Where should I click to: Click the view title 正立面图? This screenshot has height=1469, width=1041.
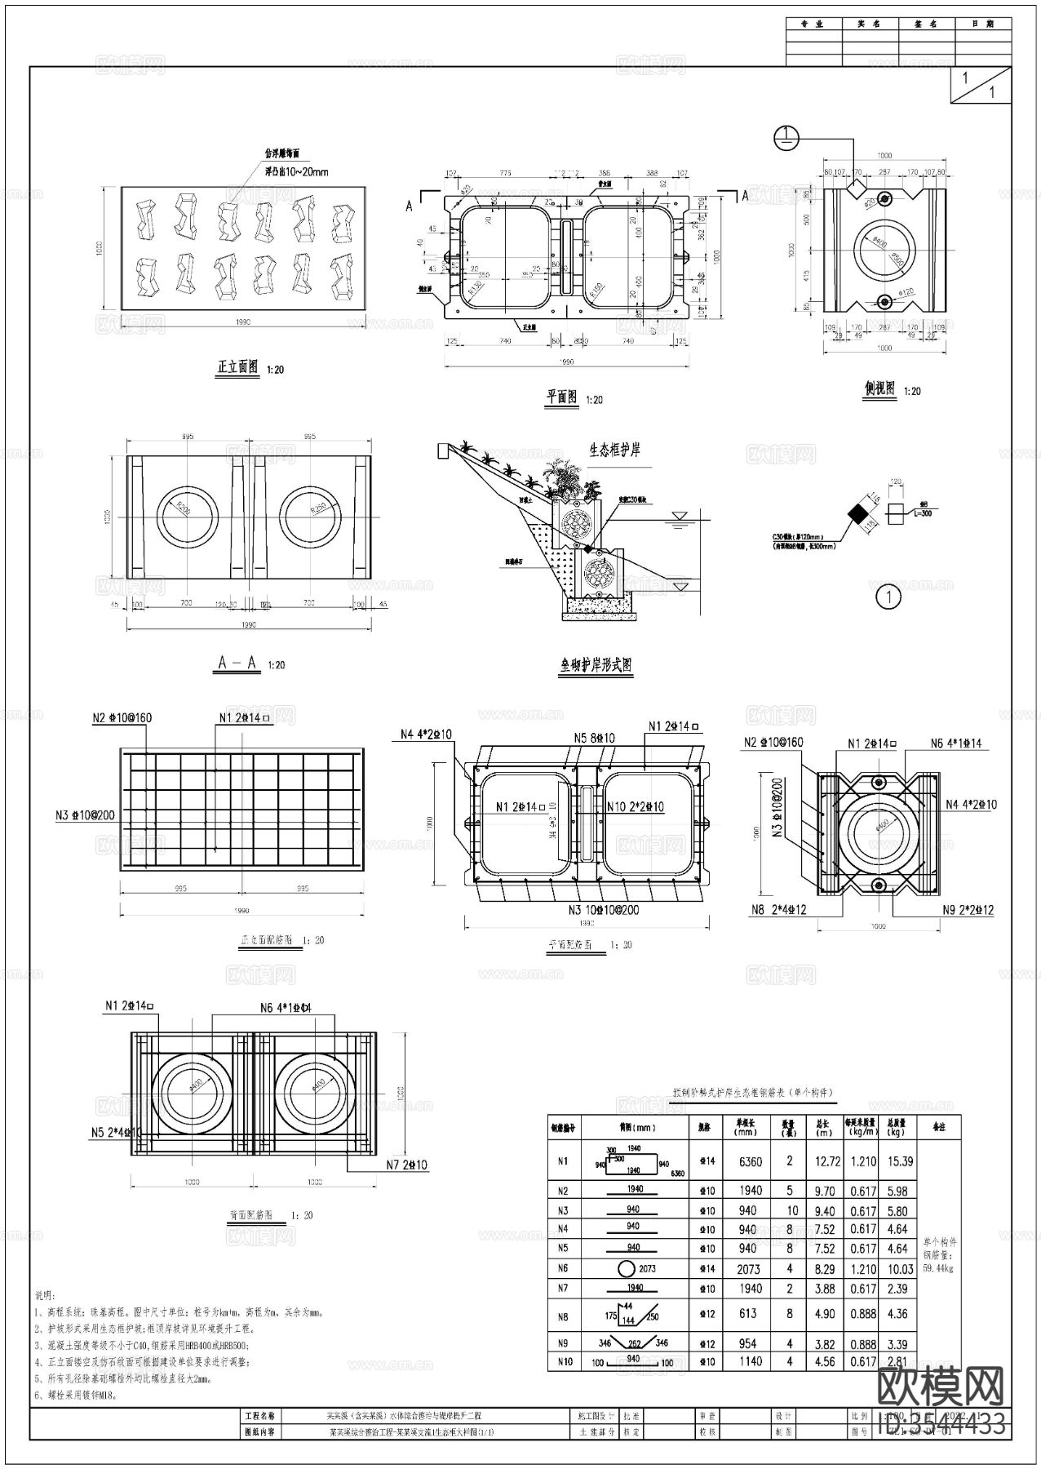(x=237, y=367)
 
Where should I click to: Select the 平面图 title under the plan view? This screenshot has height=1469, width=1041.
(x=562, y=397)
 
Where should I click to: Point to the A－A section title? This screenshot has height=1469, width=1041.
(x=238, y=663)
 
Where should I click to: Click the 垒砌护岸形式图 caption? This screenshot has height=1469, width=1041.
(x=595, y=665)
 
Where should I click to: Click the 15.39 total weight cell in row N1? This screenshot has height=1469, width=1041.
(x=900, y=1161)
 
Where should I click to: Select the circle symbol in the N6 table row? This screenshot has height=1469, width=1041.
(x=626, y=1269)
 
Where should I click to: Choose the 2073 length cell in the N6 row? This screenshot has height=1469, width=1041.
(x=748, y=1269)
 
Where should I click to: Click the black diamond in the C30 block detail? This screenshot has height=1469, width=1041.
(x=857, y=514)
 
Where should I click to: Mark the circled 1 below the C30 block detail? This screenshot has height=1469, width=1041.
(x=888, y=597)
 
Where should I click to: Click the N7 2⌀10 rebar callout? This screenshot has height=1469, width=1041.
(x=406, y=1165)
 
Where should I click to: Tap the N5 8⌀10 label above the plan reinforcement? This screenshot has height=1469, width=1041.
(x=594, y=738)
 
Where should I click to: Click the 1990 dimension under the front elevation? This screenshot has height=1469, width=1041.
(x=242, y=322)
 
